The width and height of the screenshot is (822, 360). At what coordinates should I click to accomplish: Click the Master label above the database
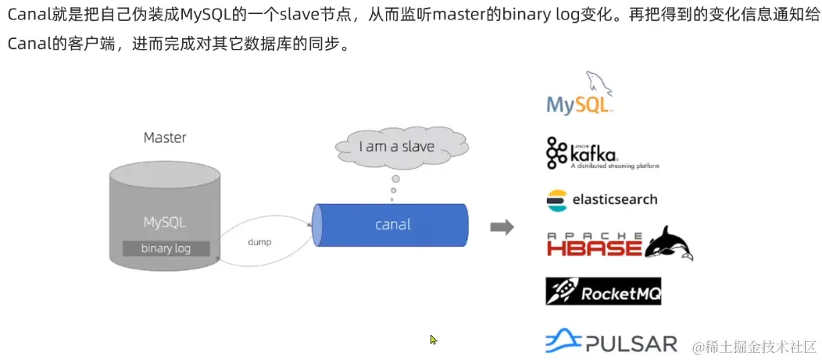tap(165, 137)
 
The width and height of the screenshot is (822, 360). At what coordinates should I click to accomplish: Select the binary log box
tap(166, 248)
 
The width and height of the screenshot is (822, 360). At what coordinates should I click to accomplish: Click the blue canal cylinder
tap(391, 225)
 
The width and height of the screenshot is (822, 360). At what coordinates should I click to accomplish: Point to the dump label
tap(259, 242)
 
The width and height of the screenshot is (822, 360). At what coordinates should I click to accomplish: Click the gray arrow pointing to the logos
tap(502, 227)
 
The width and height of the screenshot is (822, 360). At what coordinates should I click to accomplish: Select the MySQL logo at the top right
tap(579, 96)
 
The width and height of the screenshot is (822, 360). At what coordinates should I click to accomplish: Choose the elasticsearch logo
tap(602, 199)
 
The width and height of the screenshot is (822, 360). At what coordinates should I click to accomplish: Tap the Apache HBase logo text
tap(594, 245)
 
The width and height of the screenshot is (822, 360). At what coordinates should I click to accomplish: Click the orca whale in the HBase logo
tap(670, 242)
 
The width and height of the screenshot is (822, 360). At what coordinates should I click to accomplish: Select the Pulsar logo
tap(611, 342)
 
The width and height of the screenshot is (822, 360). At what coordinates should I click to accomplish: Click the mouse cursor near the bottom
tap(433, 340)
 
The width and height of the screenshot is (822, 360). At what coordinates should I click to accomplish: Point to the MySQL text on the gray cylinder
tap(165, 222)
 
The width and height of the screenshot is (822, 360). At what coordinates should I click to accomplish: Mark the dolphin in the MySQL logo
tap(598, 82)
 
